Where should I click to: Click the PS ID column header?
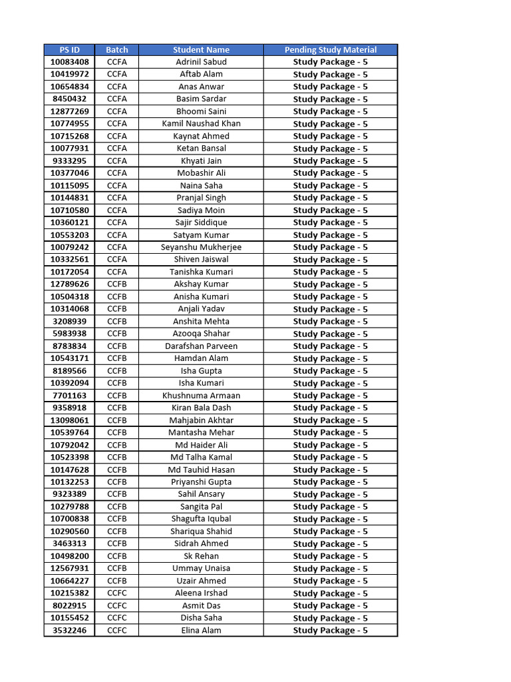click(x=69, y=50)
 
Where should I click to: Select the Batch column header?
click(x=116, y=50)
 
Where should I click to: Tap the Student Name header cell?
click(x=201, y=50)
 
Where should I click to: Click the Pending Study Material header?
click(x=330, y=50)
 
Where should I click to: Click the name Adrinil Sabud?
click(x=201, y=62)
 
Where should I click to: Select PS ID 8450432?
click(x=69, y=99)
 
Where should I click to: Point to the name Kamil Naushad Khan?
click(x=201, y=124)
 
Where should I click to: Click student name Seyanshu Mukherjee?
click(x=201, y=247)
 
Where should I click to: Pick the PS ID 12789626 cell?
click(x=69, y=284)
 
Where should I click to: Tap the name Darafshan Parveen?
click(x=201, y=346)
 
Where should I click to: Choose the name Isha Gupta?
click(x=201, y=371)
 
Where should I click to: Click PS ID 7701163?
click(x=69, y=396)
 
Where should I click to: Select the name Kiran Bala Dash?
click(x=201, y=408)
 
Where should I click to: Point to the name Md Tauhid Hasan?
click(x=201, y=470)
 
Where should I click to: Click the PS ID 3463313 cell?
click(x=69, y=543)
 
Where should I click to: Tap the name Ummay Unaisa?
click(x=201, y=568)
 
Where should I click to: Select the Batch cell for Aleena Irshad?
click(x=116, y=593)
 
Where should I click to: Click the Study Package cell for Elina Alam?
click(x=330, y=630)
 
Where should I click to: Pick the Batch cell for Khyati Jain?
click(x=116, y=161)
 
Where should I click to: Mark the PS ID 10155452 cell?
click(x=69, y=617)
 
